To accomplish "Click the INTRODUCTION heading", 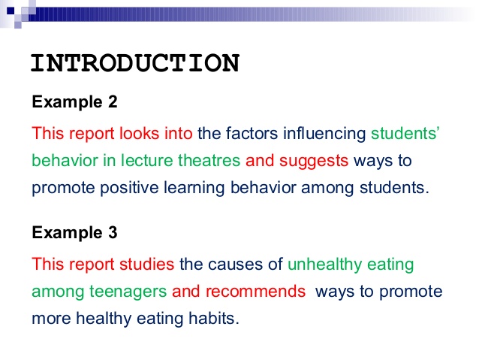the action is (x=135, y=63).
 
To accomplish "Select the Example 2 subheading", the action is (x=74, y=102).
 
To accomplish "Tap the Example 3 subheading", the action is (x=74, y=232).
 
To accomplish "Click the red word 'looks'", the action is (x=140, y=133).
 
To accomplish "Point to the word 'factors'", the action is (x=252, y=133).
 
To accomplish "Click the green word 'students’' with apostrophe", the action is (x=405, y=133).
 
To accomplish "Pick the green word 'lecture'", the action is (x=147, y=161).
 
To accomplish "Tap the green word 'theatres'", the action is (x=209, y=161).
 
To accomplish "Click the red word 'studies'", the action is (x=146, y=264).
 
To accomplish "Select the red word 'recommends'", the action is (x=256, y=291).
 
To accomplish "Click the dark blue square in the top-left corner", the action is (x=11, y=11).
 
